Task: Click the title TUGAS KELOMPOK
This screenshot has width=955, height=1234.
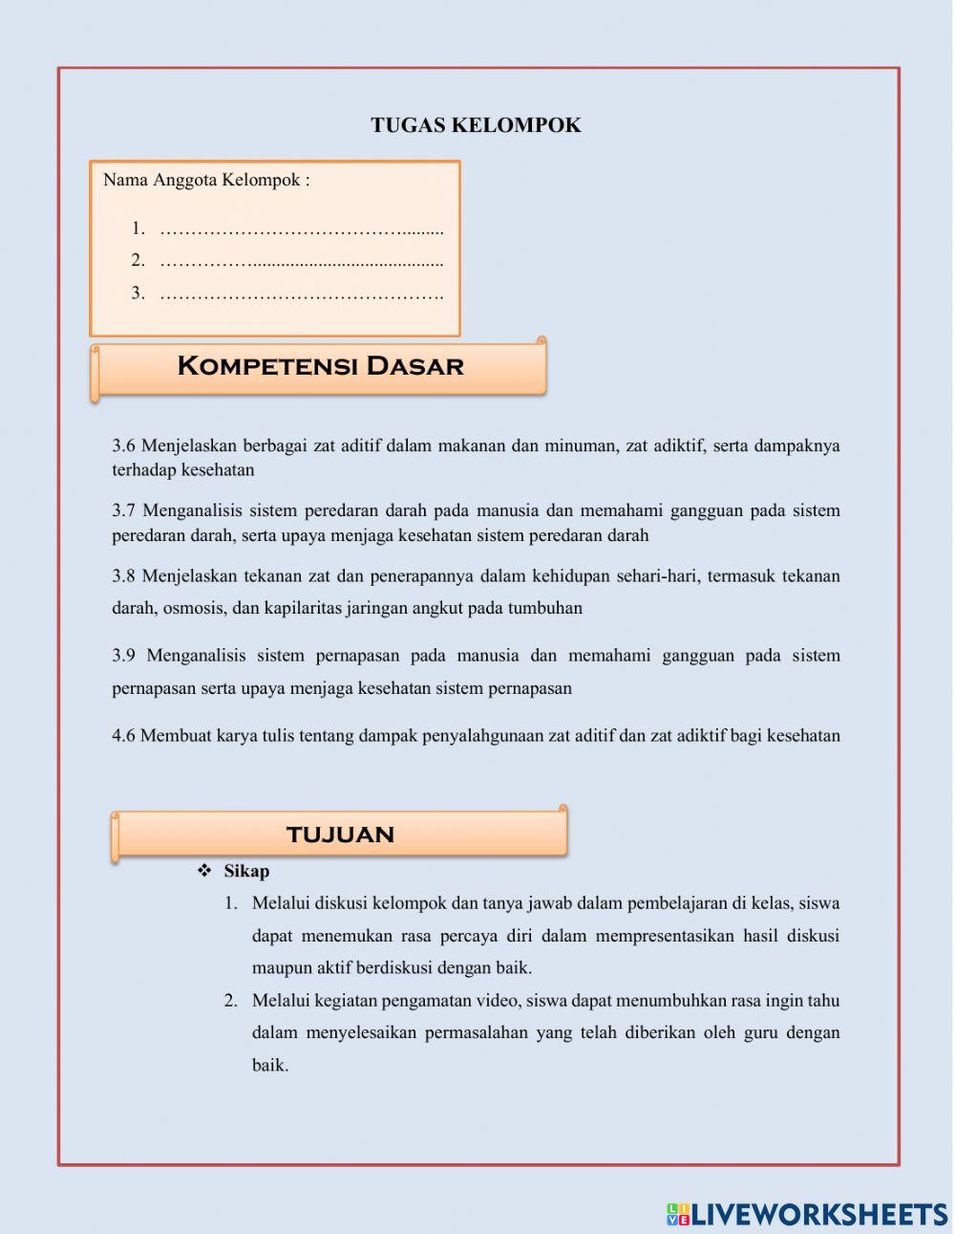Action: tap(476, 125)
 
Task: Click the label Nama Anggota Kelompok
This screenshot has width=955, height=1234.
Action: tap(205, 180)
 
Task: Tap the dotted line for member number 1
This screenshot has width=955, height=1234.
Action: tap(302, 229)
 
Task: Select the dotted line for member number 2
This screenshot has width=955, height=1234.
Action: tap(302, 261)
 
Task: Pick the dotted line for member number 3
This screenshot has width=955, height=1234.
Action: tap(302, 293)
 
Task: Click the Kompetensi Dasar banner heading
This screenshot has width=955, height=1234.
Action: tap(320, 366)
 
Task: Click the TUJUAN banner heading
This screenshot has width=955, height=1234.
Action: tap(340, 834)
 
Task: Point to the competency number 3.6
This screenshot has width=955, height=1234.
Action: tap(124, 445)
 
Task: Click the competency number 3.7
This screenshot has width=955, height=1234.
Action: tap(124, 510)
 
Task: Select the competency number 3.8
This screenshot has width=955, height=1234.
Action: tap(124, 575)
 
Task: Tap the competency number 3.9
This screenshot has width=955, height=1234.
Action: tap(124, 656)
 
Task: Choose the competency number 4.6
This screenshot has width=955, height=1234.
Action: tap(124, 736)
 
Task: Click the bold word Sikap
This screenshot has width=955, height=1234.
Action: tap(246, 871)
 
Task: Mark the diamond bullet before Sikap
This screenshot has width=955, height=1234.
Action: tap(203, 871)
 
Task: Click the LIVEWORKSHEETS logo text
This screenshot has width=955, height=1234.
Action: tap(819, 1214)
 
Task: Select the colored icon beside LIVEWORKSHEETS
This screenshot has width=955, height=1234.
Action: tap(678, 1214)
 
